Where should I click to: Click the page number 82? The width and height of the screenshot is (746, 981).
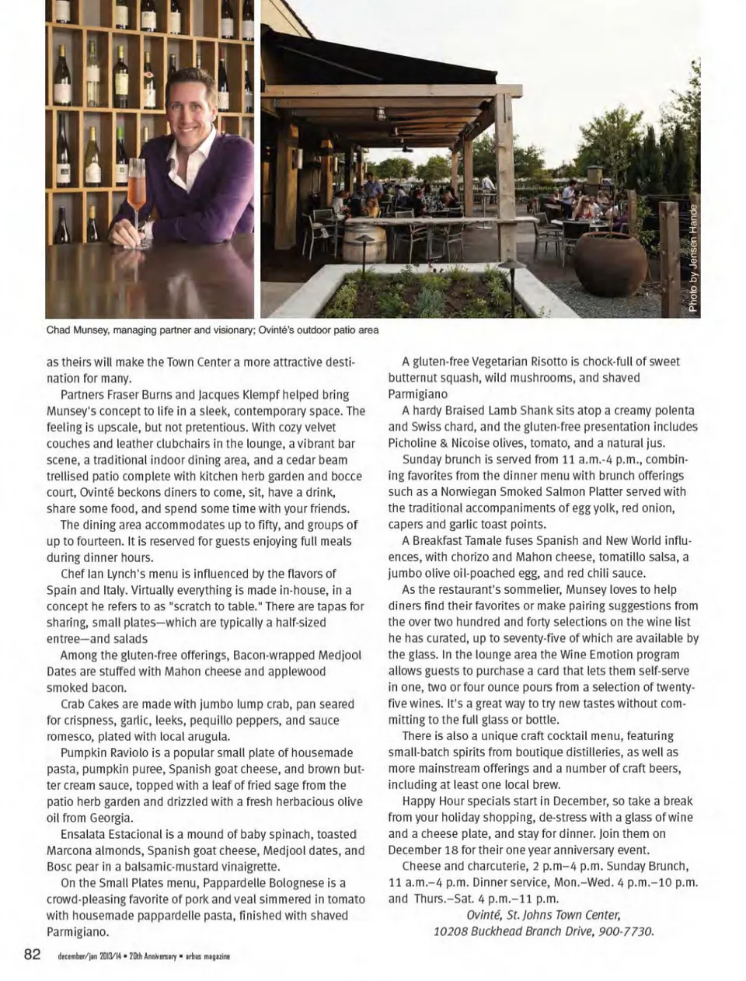(x=32, y=954)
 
